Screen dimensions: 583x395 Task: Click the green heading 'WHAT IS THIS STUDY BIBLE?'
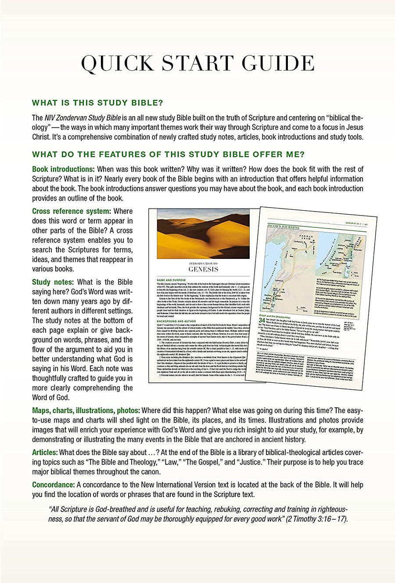[x=97, y=103]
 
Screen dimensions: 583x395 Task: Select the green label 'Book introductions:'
[x=63, y=169]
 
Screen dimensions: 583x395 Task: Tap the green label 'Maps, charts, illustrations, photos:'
[x=86, y=410]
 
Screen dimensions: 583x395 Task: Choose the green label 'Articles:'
[x=45, y=452]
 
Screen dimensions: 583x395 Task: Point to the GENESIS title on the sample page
[x=203, y=269]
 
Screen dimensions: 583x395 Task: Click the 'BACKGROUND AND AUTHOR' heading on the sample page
[x=175, y=321]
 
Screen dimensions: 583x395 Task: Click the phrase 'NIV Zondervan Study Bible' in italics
[x=84, y=118]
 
